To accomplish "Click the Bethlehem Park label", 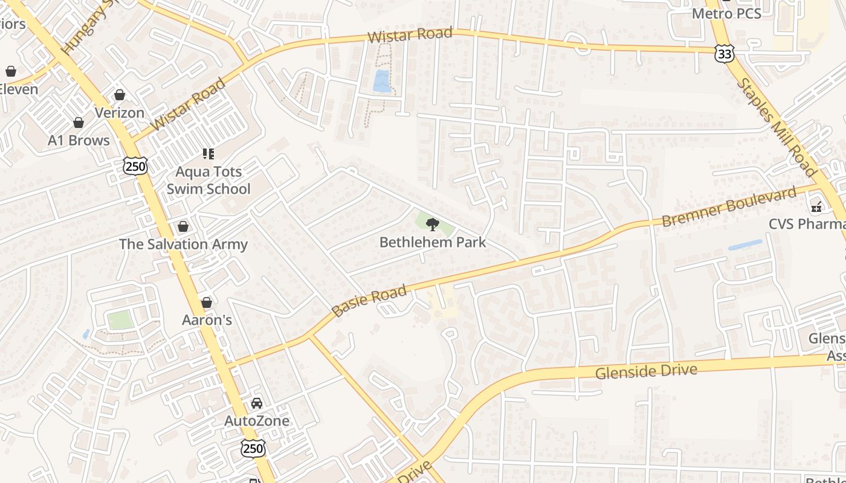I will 432,243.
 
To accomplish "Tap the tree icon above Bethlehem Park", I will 432,225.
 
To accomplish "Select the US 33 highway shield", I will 723,54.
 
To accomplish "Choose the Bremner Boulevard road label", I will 729,208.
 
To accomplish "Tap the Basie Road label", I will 369,301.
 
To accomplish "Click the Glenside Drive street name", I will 646,371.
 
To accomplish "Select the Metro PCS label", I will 726,13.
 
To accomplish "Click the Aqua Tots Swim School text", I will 208,181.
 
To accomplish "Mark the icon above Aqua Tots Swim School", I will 208,154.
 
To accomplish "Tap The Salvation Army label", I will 183,245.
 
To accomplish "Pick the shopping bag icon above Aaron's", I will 207,302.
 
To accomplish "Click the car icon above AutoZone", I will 257,403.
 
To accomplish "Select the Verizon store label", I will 120,113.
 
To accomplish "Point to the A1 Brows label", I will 79,141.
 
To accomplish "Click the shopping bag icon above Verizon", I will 120,95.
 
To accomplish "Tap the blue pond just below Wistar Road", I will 382,82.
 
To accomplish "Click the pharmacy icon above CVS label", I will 816,206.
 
